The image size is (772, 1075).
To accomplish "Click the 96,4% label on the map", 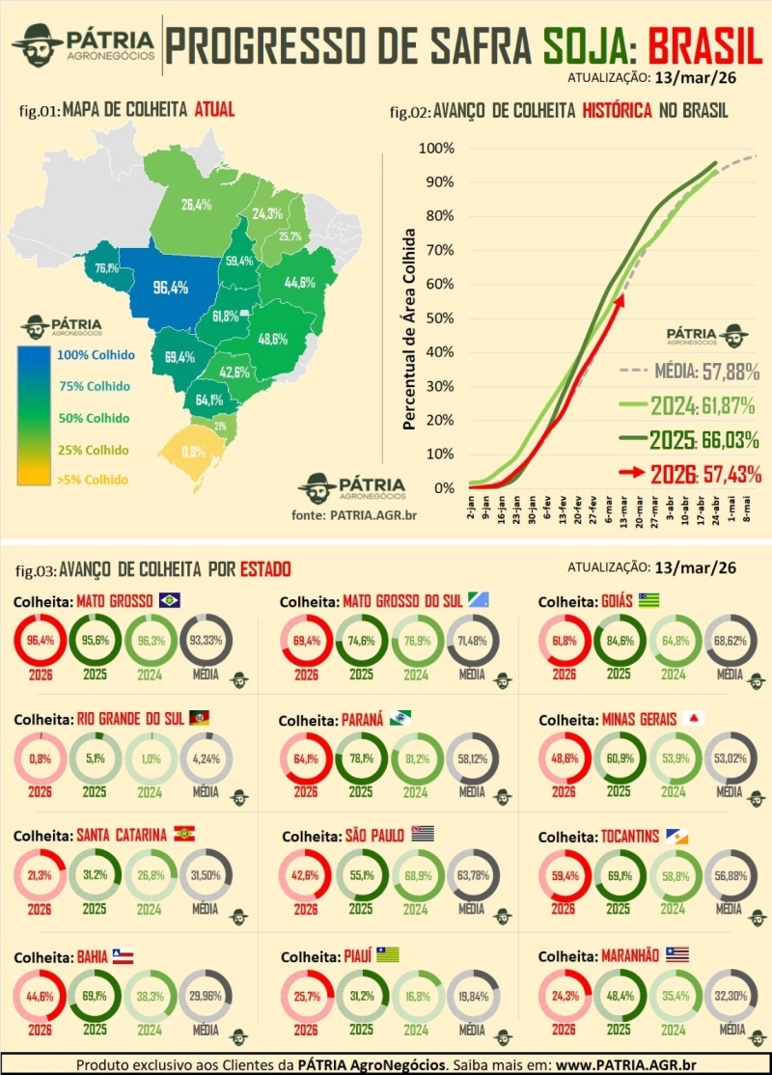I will pos(171,287).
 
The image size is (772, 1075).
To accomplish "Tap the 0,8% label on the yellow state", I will pos(193,451).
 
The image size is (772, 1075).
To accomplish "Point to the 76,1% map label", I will pos(106,268).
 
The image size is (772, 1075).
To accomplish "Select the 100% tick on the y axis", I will pos(435,149).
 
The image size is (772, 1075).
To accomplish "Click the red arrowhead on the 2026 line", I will pos(620,302).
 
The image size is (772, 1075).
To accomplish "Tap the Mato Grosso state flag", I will pos(170,600).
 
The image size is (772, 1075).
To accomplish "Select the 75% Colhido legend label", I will pos(95,386).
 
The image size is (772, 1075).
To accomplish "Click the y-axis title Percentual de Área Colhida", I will pos(409,329).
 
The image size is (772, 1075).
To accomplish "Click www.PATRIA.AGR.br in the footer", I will pos(621,1063).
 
